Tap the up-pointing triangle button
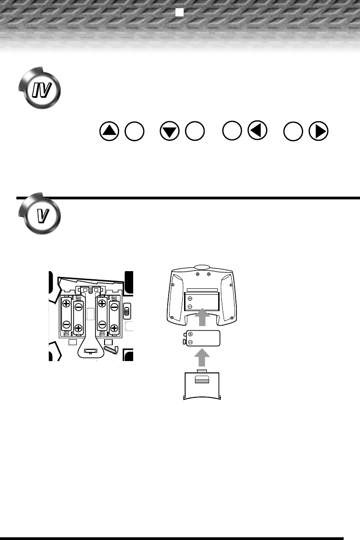pyautogui.click(x=109, y=131)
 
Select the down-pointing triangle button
pyautogui.click(x=170, y=132)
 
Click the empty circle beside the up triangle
pyautogui.click(x=135, y=132)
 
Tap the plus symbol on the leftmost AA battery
pyautogui.click(x=66, y=304)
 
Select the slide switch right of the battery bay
pyautogui.click(x=127, y=311)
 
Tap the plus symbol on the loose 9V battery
pyautogui.click(x=190, y=335)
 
